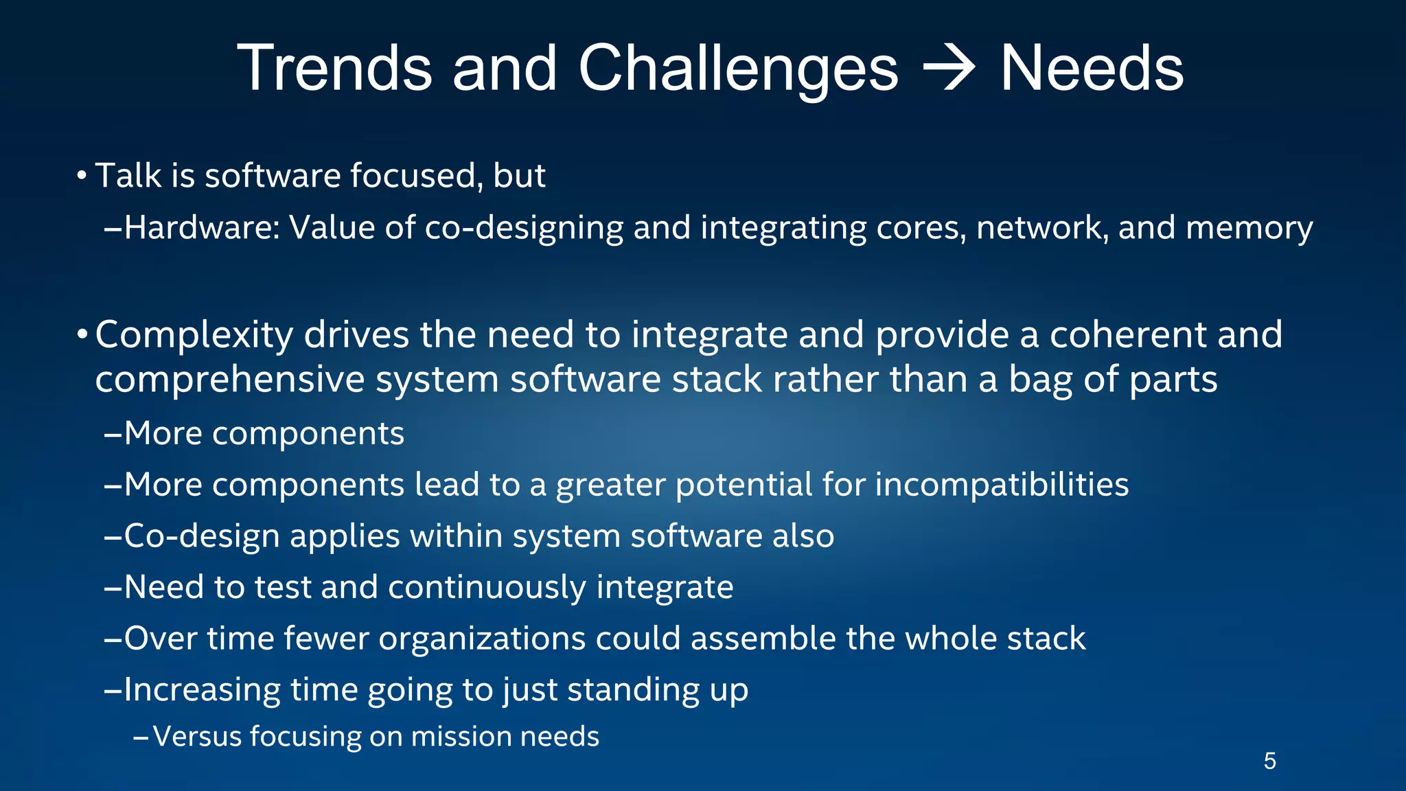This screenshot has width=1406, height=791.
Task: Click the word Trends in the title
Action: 334,68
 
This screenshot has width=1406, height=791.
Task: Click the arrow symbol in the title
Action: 949,68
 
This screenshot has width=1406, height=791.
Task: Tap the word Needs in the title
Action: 1092,68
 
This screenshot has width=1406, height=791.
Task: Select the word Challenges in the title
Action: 738,68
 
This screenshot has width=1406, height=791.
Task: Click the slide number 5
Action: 1269,761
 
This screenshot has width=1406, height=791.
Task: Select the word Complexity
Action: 194,336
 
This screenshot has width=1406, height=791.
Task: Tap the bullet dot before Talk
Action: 82,176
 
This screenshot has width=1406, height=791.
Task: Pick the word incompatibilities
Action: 1002,485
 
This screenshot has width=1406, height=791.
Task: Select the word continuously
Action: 487,588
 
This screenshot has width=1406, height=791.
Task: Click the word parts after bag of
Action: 1173,380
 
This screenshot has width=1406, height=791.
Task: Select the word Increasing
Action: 202,690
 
